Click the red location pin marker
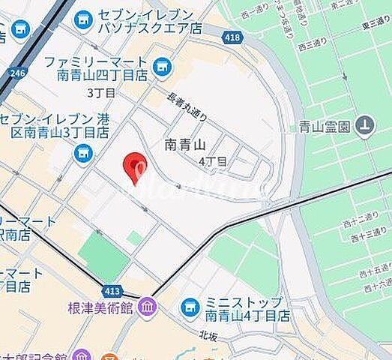pos(135,166)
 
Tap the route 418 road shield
pos(231,36)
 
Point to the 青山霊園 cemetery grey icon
pos(365,125)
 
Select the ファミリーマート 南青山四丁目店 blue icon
pos(161,68)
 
